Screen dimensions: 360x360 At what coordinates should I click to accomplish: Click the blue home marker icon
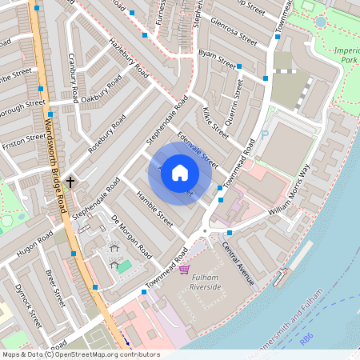180,173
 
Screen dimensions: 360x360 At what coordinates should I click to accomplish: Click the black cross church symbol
70,182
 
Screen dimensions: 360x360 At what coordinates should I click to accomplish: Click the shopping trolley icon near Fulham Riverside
184,269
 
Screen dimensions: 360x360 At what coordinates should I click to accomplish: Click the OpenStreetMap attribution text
80,354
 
